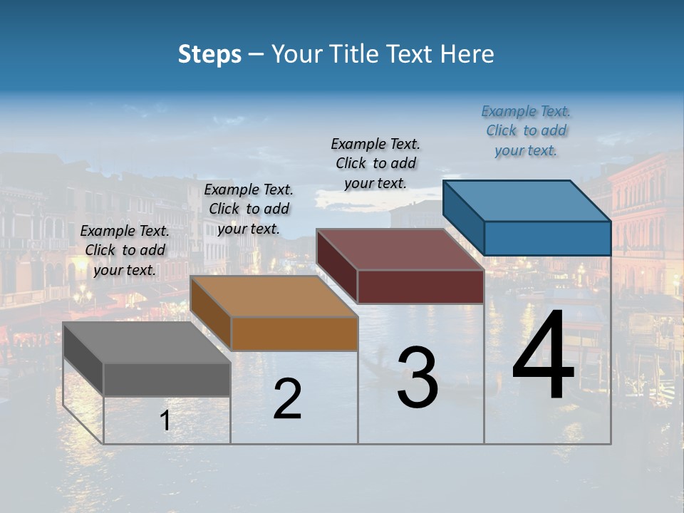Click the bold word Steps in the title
209,54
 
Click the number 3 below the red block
418,378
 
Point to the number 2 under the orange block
287,399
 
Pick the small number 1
165,421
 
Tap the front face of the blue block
547,238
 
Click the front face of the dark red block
420,287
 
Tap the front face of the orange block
294,333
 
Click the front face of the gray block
167,379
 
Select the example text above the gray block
125,250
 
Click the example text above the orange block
249,209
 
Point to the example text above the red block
375,163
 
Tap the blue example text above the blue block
526,130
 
